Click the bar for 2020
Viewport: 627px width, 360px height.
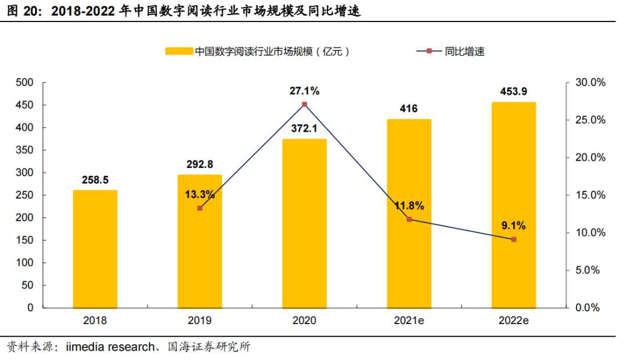tap(304, 223)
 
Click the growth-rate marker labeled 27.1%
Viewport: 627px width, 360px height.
tap(305, 105)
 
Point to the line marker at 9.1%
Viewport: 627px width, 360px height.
tap(514, 239)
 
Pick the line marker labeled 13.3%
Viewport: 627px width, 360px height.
tap(200, 208)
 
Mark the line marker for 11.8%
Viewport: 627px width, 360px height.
tap(409, 219)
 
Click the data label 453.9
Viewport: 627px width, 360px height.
tap(514, 92)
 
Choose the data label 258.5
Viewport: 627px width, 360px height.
tap(95, 180)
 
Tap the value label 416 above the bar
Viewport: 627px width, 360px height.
tap(409, 109)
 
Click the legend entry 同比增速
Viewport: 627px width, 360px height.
tap(464, 51)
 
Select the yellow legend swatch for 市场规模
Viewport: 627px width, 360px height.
tap(179, 51)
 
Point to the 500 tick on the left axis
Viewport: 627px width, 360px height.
tap(24, 82)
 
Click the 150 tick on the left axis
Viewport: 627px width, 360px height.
tap(24, 240)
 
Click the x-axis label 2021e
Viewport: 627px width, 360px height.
tap(409, 320)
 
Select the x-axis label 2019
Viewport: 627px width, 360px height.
tap(200, 320)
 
